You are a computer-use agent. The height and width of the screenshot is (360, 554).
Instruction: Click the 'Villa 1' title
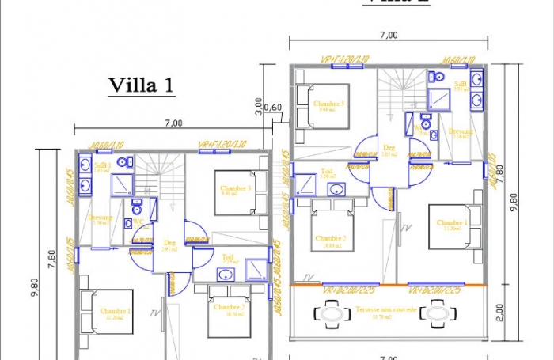(140, 85)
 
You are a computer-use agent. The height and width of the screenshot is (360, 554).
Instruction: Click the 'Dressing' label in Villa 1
(101, 218)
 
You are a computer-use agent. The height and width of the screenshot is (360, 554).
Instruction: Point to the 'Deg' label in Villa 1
(169, 243)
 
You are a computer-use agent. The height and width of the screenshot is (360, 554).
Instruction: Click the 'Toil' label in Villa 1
(228, 256)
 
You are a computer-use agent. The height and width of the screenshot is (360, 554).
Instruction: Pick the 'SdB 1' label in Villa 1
(102, 166)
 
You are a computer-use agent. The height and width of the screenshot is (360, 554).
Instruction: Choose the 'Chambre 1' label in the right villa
(451, 223)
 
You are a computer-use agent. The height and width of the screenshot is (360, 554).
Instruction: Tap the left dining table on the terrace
(332, 314)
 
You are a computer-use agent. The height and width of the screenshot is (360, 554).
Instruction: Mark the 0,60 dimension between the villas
(272, 108)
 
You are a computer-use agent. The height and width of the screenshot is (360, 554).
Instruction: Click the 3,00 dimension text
(259, 106)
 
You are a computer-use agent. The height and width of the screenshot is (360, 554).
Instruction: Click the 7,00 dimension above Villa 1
(173, 123)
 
